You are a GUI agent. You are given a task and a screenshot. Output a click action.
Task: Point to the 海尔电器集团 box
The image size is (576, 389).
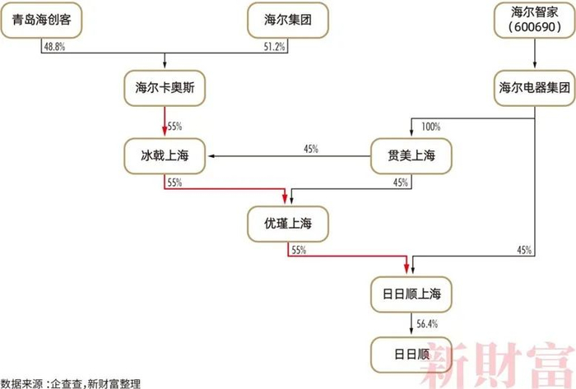tap(535, 88)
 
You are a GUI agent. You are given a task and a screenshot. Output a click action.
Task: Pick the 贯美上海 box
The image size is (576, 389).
tap(411, 155)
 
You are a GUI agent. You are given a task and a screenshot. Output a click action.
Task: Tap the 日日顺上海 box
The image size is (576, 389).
tap(411, 293)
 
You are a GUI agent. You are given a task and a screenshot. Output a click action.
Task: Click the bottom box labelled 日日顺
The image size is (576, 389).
tap(411, 354)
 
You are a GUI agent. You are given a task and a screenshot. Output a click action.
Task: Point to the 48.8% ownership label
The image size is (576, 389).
tap(52, 48)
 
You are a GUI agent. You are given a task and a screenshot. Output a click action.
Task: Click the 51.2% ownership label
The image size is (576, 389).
tap(275, 48)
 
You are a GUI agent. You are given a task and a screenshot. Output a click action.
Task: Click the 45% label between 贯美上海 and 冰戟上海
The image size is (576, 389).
tap(311, 149)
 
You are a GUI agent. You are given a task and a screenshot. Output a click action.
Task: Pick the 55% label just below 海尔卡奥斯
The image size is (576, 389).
tap(174, 127)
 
